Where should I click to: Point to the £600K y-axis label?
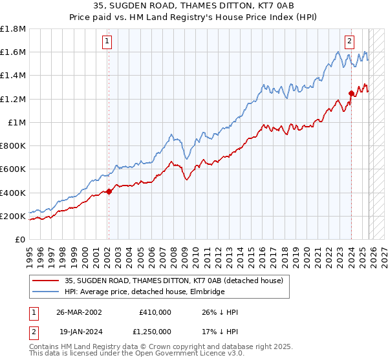click(13, 169)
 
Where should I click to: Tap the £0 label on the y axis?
click(21, 239)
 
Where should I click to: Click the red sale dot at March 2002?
click(109, 191)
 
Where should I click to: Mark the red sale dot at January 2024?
click(351, 93)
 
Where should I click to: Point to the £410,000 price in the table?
click(155, 312)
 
